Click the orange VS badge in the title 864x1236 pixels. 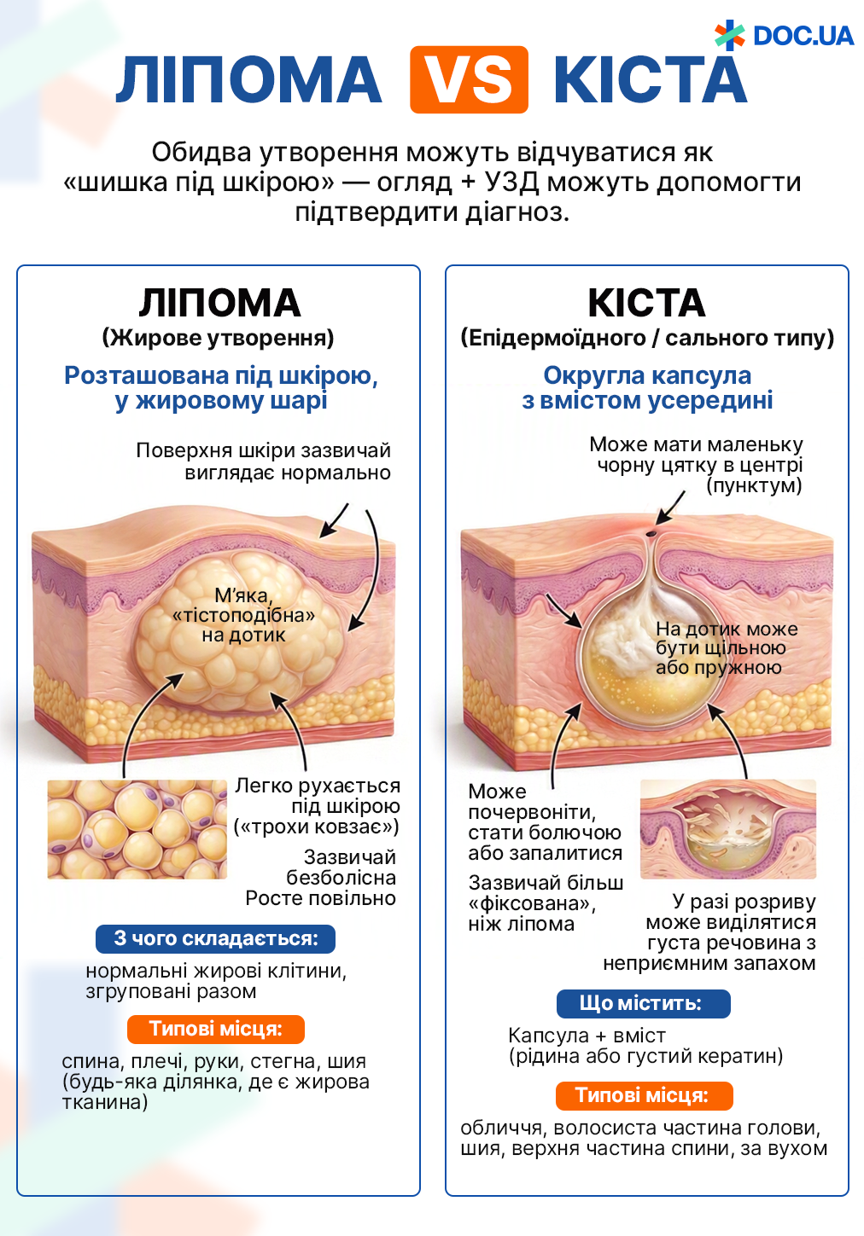pos(469,79)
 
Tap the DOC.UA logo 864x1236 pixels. pos(784,35)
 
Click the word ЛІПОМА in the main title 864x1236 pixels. pos(248,80)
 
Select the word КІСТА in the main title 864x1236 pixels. pos(651,80)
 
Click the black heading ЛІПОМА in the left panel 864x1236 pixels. pos(219,303)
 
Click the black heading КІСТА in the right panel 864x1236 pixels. pos(647,303)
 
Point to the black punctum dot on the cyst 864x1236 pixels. pos(651,534)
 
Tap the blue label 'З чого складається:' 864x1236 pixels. pos(215,938)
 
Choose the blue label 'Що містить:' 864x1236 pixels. pos(643,1003)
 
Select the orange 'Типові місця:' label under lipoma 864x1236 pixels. pos(215,1029)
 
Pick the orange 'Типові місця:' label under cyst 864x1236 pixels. pos(644,1095)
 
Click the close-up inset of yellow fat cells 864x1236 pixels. pos(137,829)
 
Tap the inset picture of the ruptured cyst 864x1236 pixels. pos(728,829)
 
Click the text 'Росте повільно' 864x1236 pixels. pos(320,898)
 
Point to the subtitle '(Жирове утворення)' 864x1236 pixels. pos(219,338)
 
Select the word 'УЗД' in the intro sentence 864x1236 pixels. pos(511,182)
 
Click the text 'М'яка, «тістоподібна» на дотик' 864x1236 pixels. pos(243,615)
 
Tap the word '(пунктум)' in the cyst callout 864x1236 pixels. pos(754,485)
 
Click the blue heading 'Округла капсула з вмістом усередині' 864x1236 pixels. pos(647,388)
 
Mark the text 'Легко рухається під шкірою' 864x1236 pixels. pos(318,796)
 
